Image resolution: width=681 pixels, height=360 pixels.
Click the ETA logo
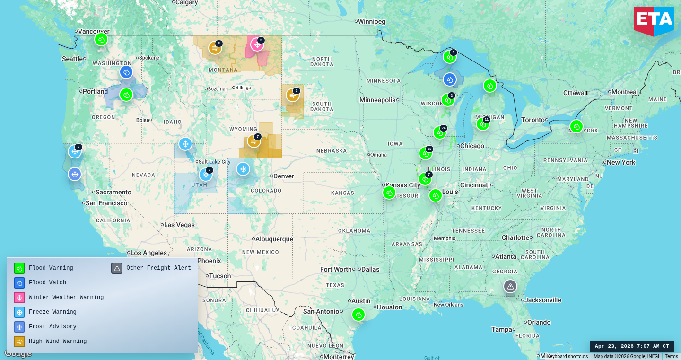pos(654,20)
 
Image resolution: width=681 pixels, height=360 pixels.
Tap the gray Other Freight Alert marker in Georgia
pos(510,286)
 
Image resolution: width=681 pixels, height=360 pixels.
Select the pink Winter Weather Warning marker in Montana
pos(257,44)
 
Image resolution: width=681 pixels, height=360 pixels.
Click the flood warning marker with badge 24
pos(439,132)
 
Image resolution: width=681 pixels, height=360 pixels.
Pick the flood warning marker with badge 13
pos(425,153)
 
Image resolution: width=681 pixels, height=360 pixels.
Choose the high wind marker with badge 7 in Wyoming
pos(254,141)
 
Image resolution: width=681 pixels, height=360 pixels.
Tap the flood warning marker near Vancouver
pos(101,39)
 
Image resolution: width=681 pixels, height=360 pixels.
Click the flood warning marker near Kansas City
pos(389,193)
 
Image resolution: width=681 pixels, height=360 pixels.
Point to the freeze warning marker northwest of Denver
pos(243,169)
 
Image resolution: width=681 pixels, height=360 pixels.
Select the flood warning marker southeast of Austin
pos(358,315)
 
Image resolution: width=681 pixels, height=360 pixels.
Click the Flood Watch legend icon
pos(19,283)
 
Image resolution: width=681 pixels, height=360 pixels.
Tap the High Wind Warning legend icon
pos(19,342)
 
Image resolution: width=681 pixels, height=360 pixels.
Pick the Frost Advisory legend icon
pos(19,327)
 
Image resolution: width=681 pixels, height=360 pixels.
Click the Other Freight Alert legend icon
pos(117,268)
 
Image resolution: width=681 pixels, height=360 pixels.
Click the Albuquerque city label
pos(274,239)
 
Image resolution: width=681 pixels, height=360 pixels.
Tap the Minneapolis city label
pos(377,100)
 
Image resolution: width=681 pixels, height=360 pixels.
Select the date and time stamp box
pos(632,346)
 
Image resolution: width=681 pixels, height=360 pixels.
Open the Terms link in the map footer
pos(671,356)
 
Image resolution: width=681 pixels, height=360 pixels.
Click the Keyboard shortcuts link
pos(567,356)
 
